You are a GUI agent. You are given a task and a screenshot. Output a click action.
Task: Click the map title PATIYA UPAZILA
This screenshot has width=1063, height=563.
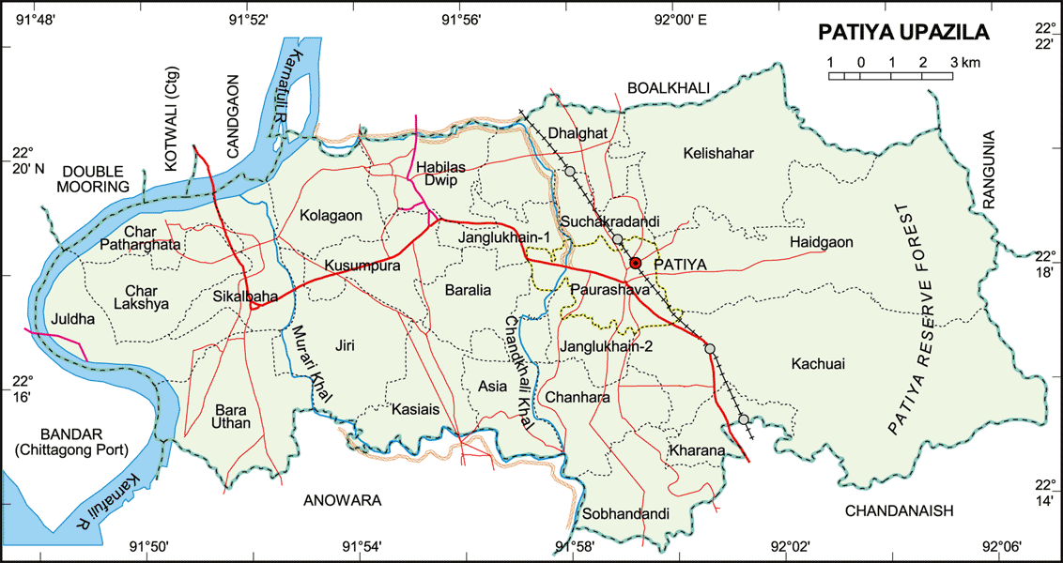905,33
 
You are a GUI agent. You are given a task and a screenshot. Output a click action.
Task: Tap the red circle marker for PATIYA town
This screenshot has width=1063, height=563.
635,264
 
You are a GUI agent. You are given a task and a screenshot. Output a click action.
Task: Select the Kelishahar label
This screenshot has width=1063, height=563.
719,153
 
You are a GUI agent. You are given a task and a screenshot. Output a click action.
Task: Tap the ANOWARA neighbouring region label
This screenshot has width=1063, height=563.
342,501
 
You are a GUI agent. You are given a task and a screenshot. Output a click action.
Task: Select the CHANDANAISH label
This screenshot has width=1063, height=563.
899,510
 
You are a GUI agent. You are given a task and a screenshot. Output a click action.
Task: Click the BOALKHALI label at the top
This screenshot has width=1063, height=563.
669,87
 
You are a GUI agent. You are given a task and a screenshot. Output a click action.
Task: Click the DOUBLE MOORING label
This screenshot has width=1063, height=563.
95,179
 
